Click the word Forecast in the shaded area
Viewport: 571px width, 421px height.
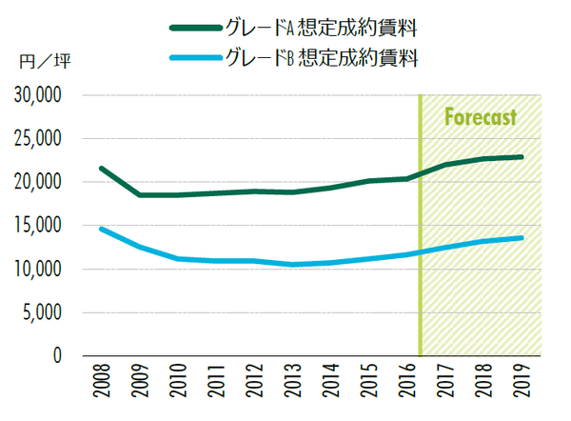[481, 118]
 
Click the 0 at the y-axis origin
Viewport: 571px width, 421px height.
[57, 356]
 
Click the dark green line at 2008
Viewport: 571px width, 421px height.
[102, 169]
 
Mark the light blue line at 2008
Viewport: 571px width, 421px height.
[102, 229]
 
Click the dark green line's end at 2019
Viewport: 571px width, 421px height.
[522, 157]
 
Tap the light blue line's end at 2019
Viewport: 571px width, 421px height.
[522, 238]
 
